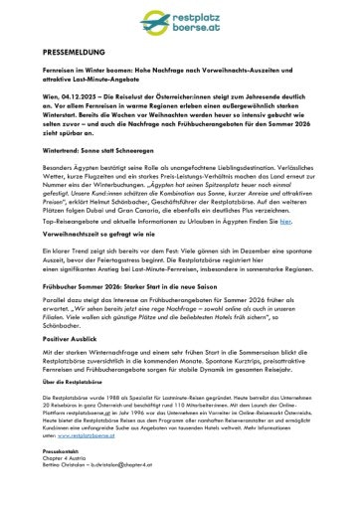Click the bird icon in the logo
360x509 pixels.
point(239,24)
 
